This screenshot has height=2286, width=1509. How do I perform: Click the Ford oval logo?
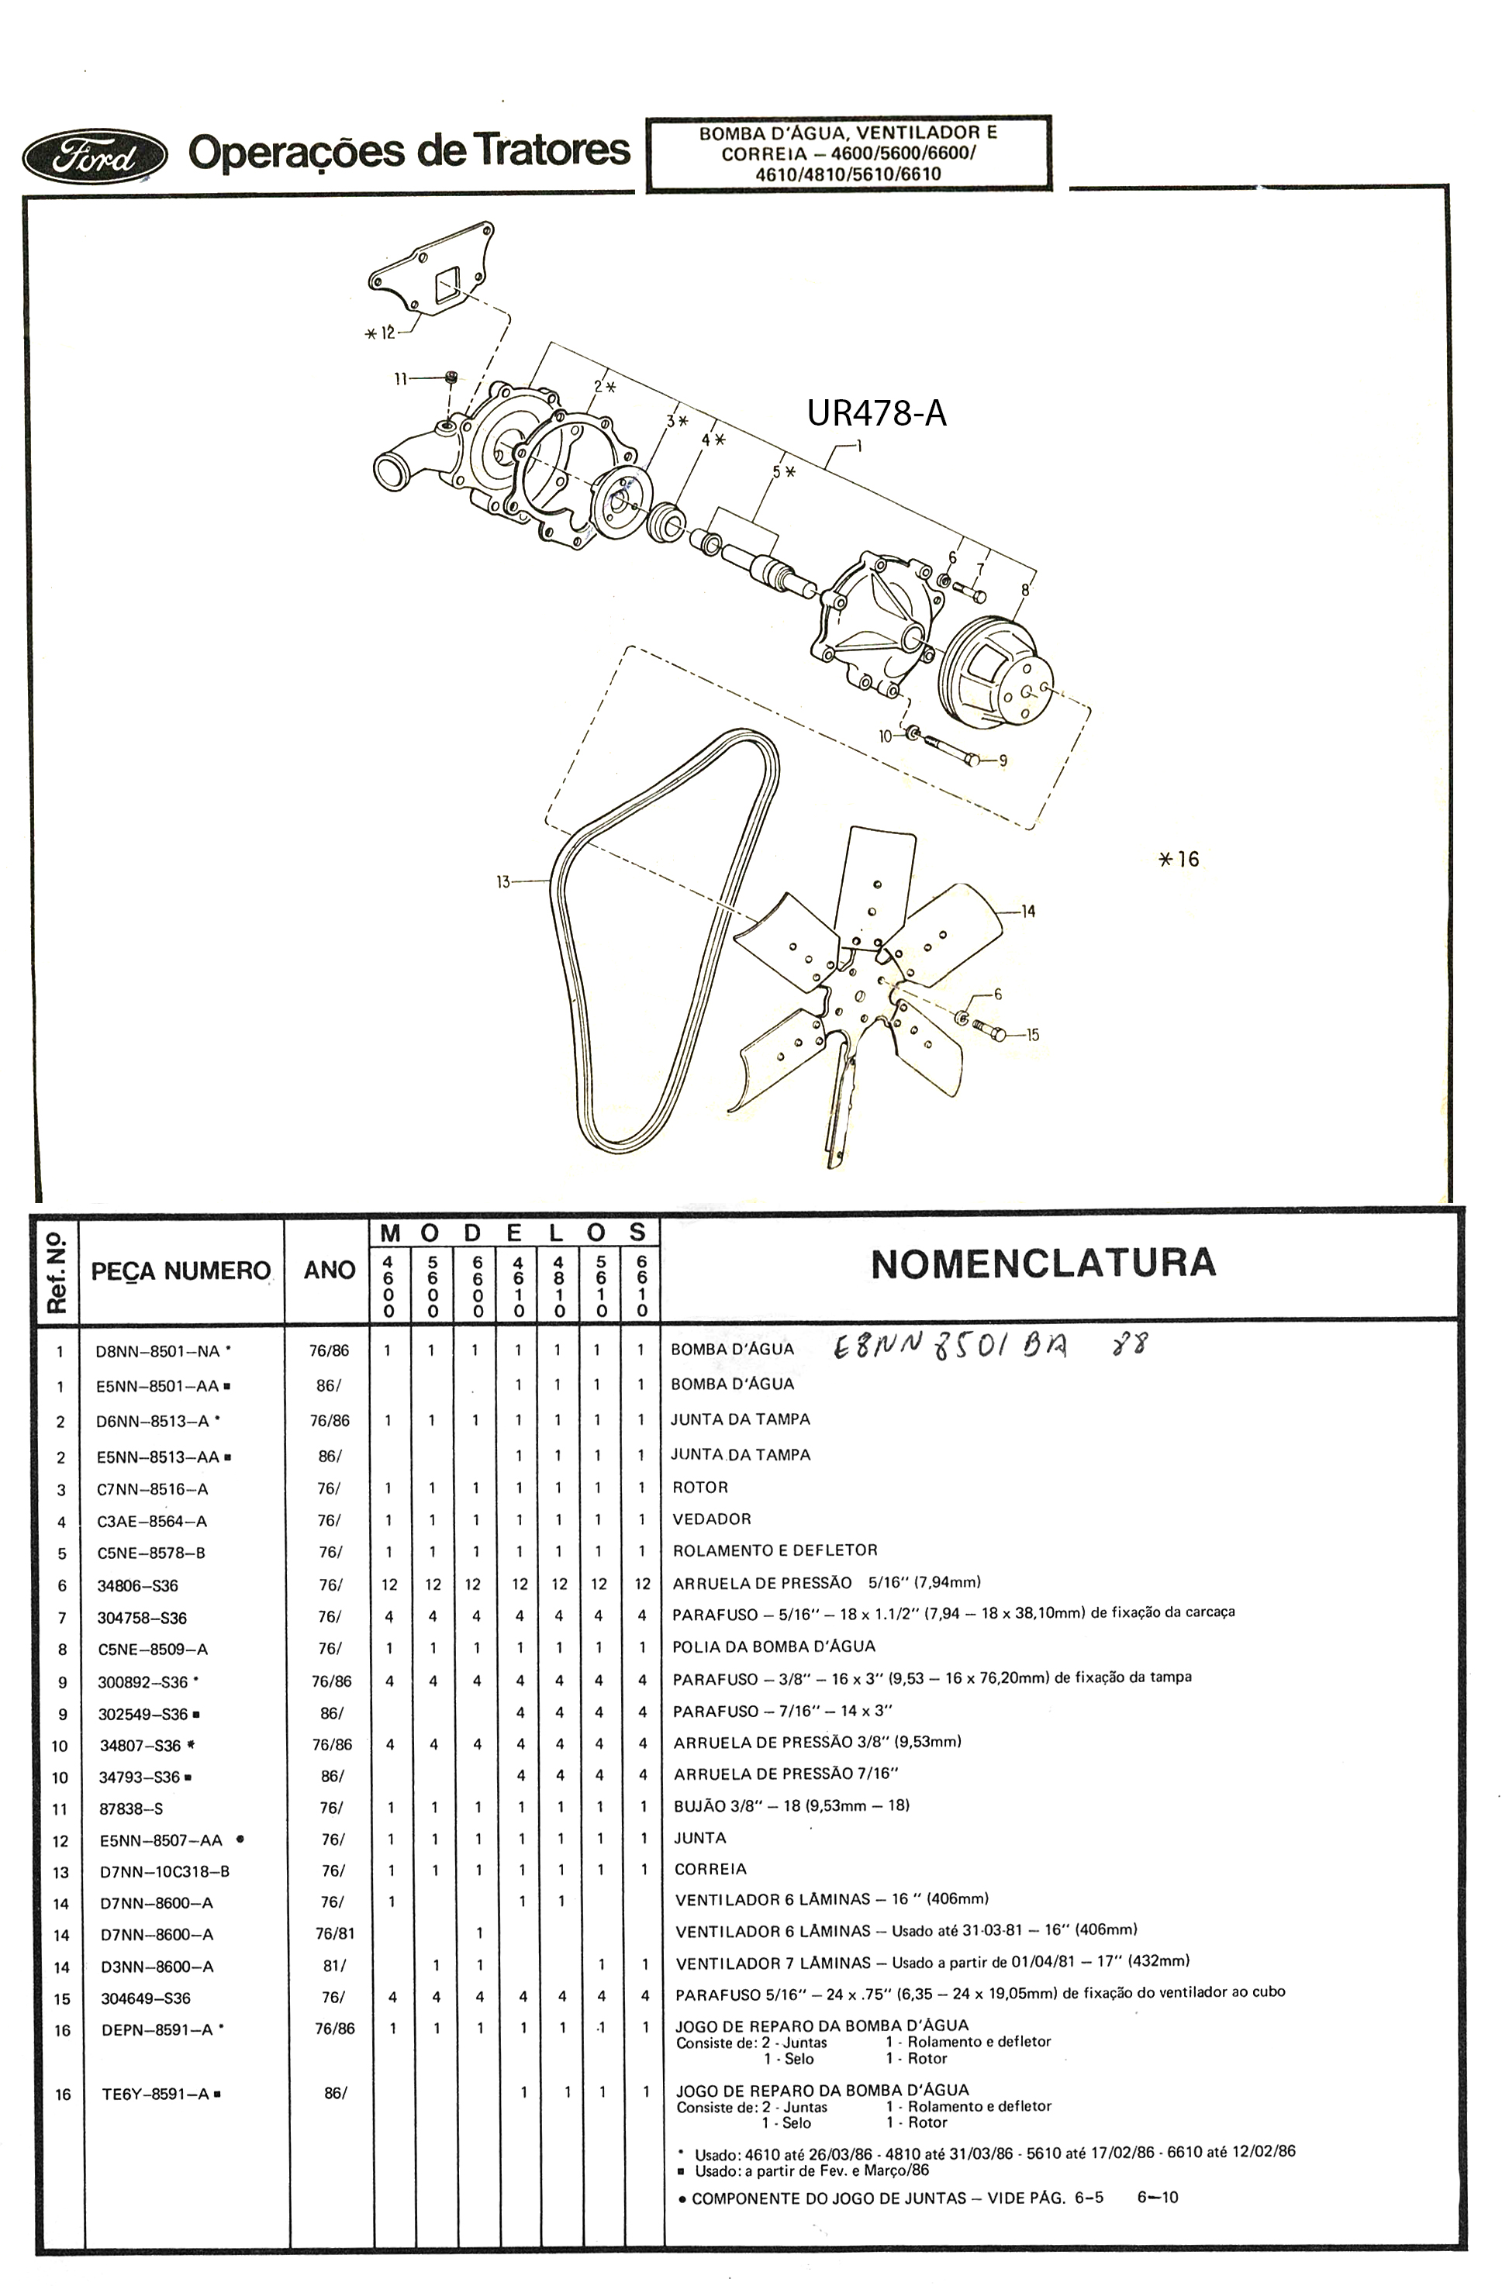pos(95,155)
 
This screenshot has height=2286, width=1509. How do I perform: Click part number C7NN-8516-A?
pos(152,1489)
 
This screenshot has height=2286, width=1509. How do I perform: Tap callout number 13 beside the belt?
pos(503,881)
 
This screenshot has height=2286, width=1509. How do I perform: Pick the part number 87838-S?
pos(131,1808)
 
